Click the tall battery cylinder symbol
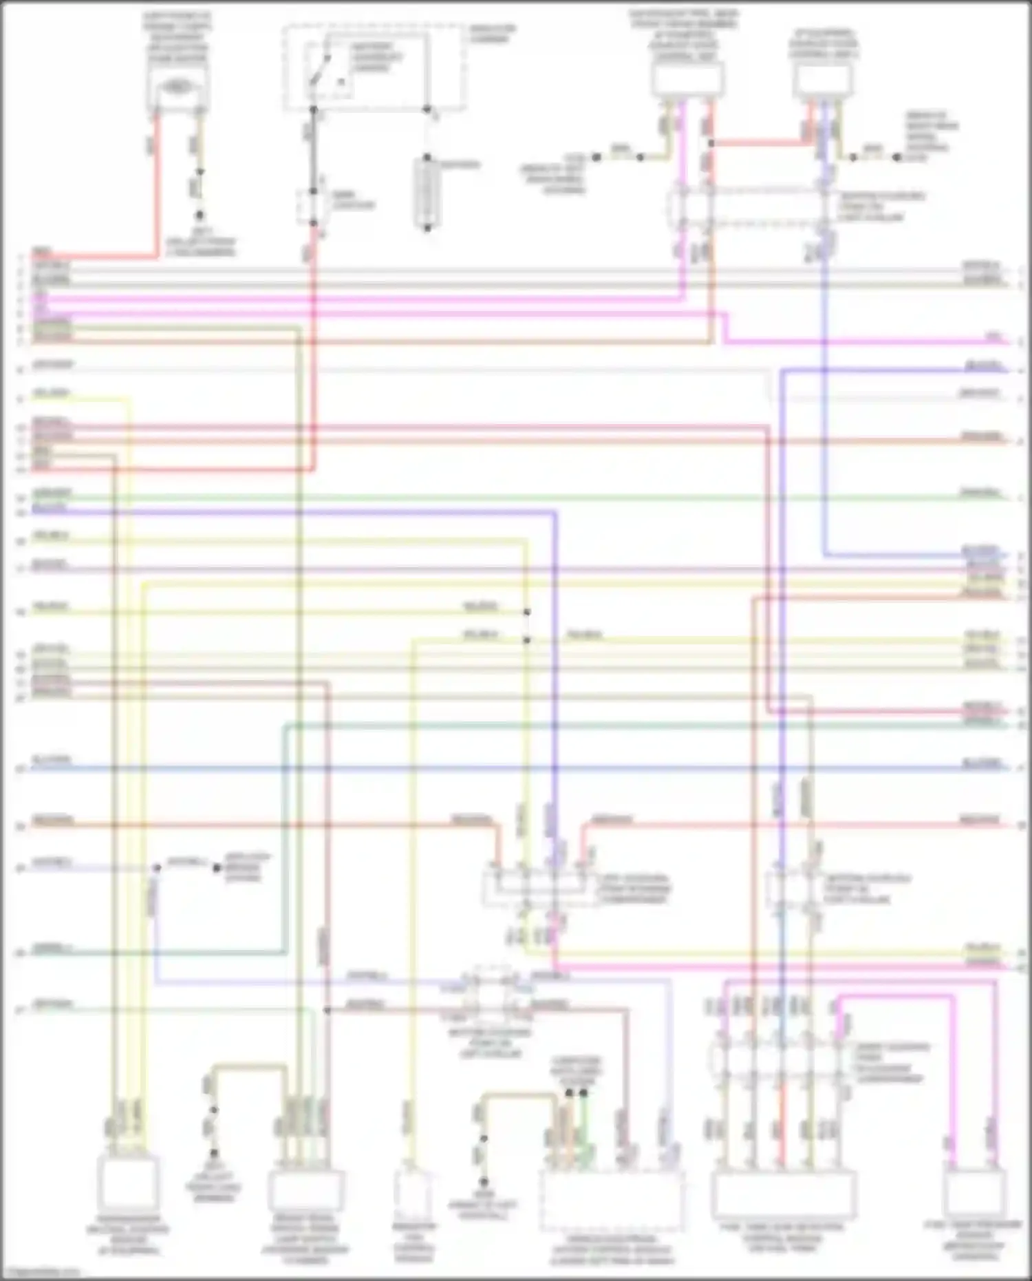pos(427,192)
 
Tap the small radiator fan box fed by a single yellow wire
pos(413,1194)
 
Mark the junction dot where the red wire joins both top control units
pos(711,143)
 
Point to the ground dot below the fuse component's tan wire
pos(199,215)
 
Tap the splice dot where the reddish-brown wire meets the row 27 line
pos(327,1010)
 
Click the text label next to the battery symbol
pos(460,165)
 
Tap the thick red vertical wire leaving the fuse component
pos(155,179)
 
